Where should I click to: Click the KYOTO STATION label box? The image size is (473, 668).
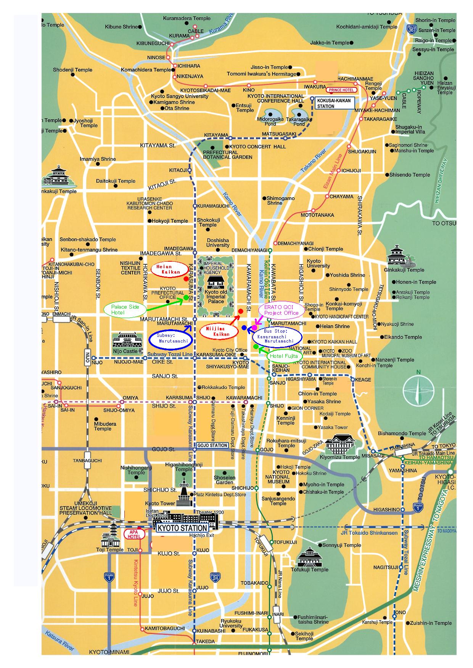coord(183,528)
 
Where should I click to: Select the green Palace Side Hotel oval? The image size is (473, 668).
coord(122,309)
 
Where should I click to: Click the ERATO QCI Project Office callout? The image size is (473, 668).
coord(281,310)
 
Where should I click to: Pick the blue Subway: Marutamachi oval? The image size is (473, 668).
coord(171,338)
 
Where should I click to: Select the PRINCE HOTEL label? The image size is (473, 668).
coord(341,90)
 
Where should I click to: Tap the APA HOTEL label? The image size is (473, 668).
coord(135,534)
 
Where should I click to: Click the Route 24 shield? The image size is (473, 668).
coord(215,577)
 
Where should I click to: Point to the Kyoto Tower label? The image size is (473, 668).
coord(160,504)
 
